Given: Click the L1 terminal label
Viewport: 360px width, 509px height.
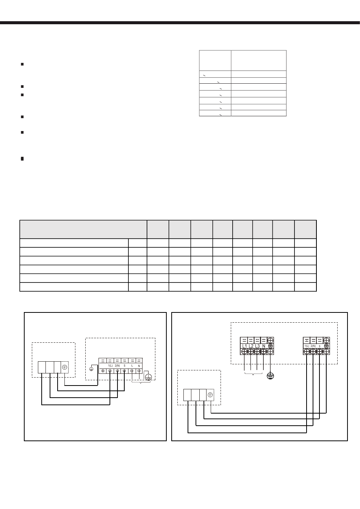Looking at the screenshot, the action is point(244,346).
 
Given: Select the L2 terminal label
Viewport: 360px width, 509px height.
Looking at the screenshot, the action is point(251,346).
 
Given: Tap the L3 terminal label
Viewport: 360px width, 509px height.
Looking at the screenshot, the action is point(257,346).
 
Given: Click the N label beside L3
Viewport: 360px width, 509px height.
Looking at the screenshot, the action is point(264,346).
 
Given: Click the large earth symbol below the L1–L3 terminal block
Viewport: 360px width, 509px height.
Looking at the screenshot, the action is point(270,375).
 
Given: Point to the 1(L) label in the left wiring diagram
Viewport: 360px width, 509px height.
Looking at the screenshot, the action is point(110,366).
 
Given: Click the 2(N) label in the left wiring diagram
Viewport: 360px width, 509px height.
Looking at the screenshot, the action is point(117,366).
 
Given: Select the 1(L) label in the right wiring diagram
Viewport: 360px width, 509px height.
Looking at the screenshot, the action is point(307,346).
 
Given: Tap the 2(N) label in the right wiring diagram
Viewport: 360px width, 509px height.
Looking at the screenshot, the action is point(313,346).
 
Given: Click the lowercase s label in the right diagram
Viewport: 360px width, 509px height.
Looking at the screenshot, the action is point(320,346).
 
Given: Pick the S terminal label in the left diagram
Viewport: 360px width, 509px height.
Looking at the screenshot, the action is point(124,366).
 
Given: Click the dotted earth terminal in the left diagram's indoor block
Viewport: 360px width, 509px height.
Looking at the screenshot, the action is point(65,367).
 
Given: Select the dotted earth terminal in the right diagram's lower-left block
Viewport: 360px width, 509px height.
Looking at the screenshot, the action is point(210,395).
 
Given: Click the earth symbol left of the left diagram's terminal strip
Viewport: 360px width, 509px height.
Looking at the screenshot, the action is point(91,369).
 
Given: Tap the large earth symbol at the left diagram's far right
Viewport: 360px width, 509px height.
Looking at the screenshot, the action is point(149,376).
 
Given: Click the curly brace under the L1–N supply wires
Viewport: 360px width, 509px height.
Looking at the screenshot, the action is point(254,374).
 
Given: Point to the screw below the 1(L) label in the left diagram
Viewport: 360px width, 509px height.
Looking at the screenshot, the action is point(110,371).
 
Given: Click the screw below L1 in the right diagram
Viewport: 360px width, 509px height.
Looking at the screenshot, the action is point(244,351).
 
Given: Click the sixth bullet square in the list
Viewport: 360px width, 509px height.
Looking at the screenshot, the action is point(22,159).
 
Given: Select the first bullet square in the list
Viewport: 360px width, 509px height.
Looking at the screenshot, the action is point(22,64).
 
